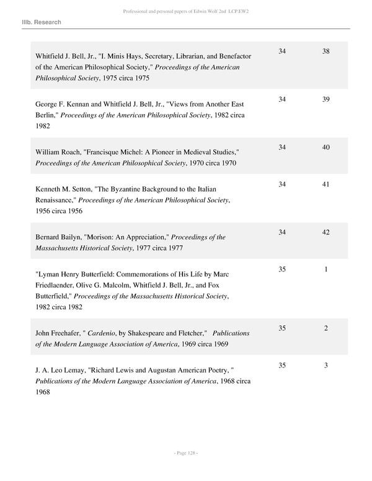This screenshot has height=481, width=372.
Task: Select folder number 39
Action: (x=326, y=99)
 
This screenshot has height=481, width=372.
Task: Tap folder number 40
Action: (x=326, y=147)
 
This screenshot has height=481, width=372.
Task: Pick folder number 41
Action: (x=326, y=184)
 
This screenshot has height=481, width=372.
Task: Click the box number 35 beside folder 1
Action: (x=282, y=270)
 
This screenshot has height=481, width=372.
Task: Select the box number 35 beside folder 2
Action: (x=282, y=328)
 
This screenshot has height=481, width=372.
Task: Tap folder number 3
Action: (x=326, y=365)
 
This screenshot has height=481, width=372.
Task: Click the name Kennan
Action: (x=83, y=104)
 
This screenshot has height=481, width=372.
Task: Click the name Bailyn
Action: (x=77, y=237)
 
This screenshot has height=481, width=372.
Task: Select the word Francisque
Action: (x=107, y=152)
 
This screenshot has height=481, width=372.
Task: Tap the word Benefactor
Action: (x=232, y=56)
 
